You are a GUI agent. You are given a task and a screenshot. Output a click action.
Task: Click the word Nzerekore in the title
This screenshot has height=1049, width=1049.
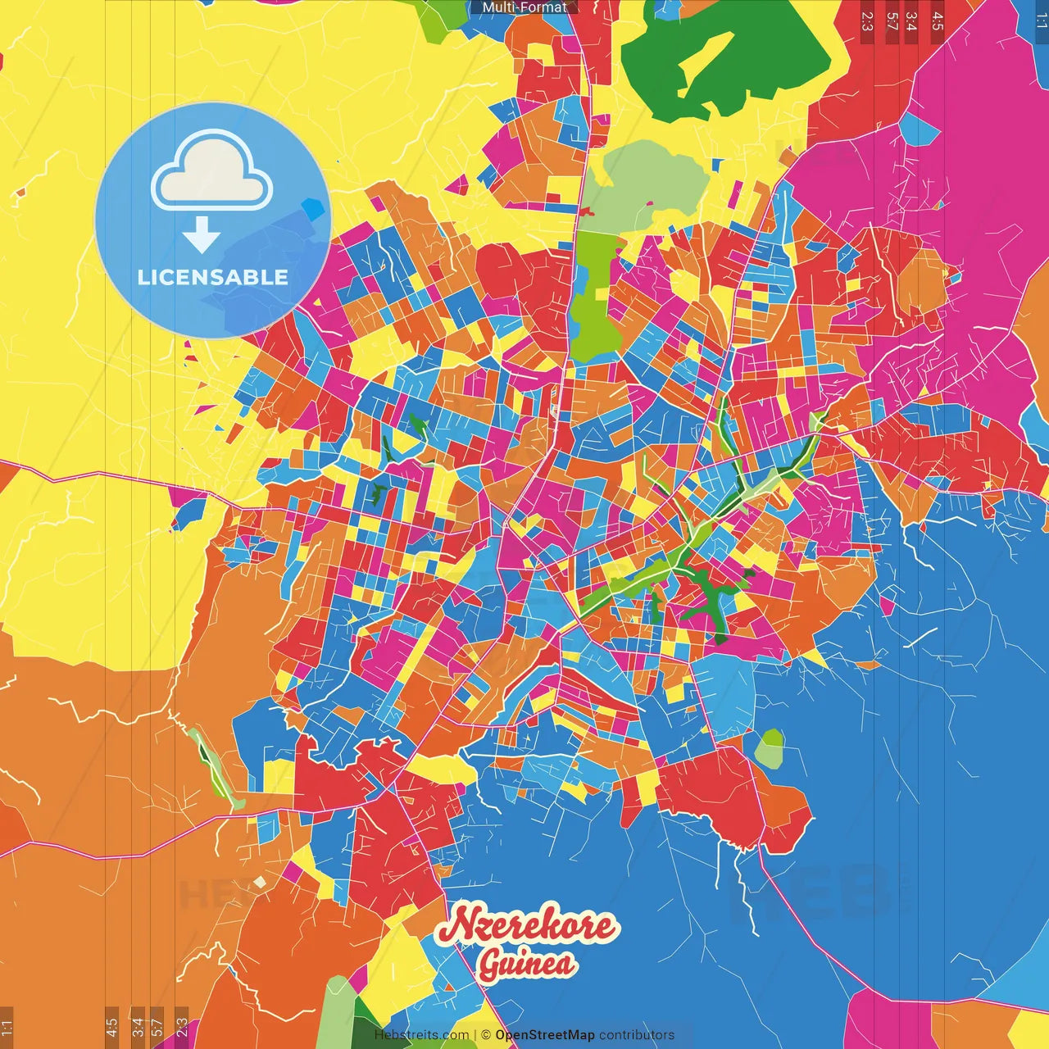point(525,925)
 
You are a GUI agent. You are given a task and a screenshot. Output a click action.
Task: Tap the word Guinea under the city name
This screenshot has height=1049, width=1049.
point(527,964)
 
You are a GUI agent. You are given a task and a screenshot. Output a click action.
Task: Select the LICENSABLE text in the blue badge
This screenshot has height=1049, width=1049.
point(213,277)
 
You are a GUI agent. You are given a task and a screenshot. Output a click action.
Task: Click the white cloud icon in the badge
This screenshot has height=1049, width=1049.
point(211,173)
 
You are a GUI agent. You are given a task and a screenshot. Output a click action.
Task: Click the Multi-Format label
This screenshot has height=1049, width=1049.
point(524,7)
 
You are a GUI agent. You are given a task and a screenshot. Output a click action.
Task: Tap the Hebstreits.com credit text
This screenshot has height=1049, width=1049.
point(421,1035)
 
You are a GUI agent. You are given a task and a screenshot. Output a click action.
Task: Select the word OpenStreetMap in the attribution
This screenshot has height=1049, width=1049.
point(544,1035)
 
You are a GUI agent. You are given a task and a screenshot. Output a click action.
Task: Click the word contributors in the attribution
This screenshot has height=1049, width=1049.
point(637,1035)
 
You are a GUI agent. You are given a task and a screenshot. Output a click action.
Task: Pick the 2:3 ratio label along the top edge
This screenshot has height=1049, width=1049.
point(867,20)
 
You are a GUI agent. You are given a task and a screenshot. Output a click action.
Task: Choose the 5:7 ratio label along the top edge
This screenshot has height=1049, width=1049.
point(892,20)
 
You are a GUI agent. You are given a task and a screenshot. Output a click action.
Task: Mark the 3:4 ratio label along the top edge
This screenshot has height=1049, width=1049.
point(911,20)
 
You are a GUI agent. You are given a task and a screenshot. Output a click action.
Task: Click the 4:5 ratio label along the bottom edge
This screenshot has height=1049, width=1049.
point(111,1026)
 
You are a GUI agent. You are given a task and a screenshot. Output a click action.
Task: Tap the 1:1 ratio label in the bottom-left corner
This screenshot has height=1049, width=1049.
point(7,1026)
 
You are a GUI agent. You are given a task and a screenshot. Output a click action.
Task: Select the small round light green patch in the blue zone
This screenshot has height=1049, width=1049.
point(770,748)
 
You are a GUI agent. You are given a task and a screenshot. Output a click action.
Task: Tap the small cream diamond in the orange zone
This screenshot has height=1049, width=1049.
point(260,882)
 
